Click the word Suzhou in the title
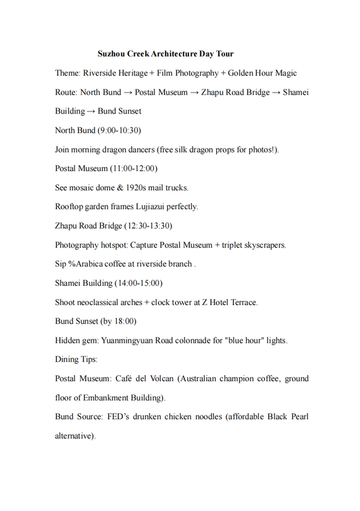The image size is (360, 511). click(111, 54)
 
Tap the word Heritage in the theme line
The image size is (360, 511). click(131, 73)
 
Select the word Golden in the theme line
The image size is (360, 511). click(241, 73)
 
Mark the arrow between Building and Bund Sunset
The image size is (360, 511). click(91, 112)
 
